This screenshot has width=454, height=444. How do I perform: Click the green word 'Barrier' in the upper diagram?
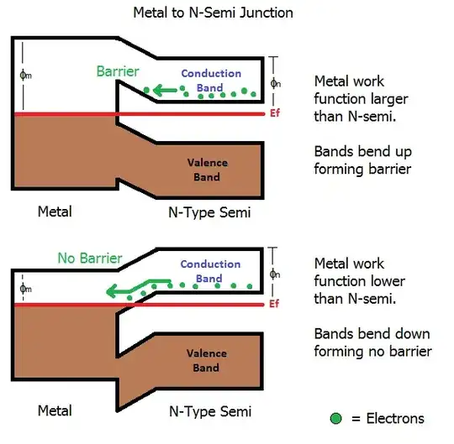pos(119,71)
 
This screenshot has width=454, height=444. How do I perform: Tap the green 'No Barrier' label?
pos(89,258)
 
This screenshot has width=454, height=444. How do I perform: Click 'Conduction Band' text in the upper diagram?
pos(211,80)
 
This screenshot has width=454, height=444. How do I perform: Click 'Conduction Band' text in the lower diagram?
pos(210,271)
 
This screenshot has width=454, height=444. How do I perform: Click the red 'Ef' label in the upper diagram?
pos(274,114)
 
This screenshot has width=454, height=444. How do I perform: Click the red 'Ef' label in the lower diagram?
pos(274,305)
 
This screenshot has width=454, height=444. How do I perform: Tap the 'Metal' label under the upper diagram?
pos(55,212)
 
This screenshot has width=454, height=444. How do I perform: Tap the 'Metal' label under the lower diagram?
pos(55,410)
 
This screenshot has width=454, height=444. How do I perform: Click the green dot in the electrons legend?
pos(335,418)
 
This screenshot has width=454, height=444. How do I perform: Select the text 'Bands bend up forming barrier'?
pos(362,160)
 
